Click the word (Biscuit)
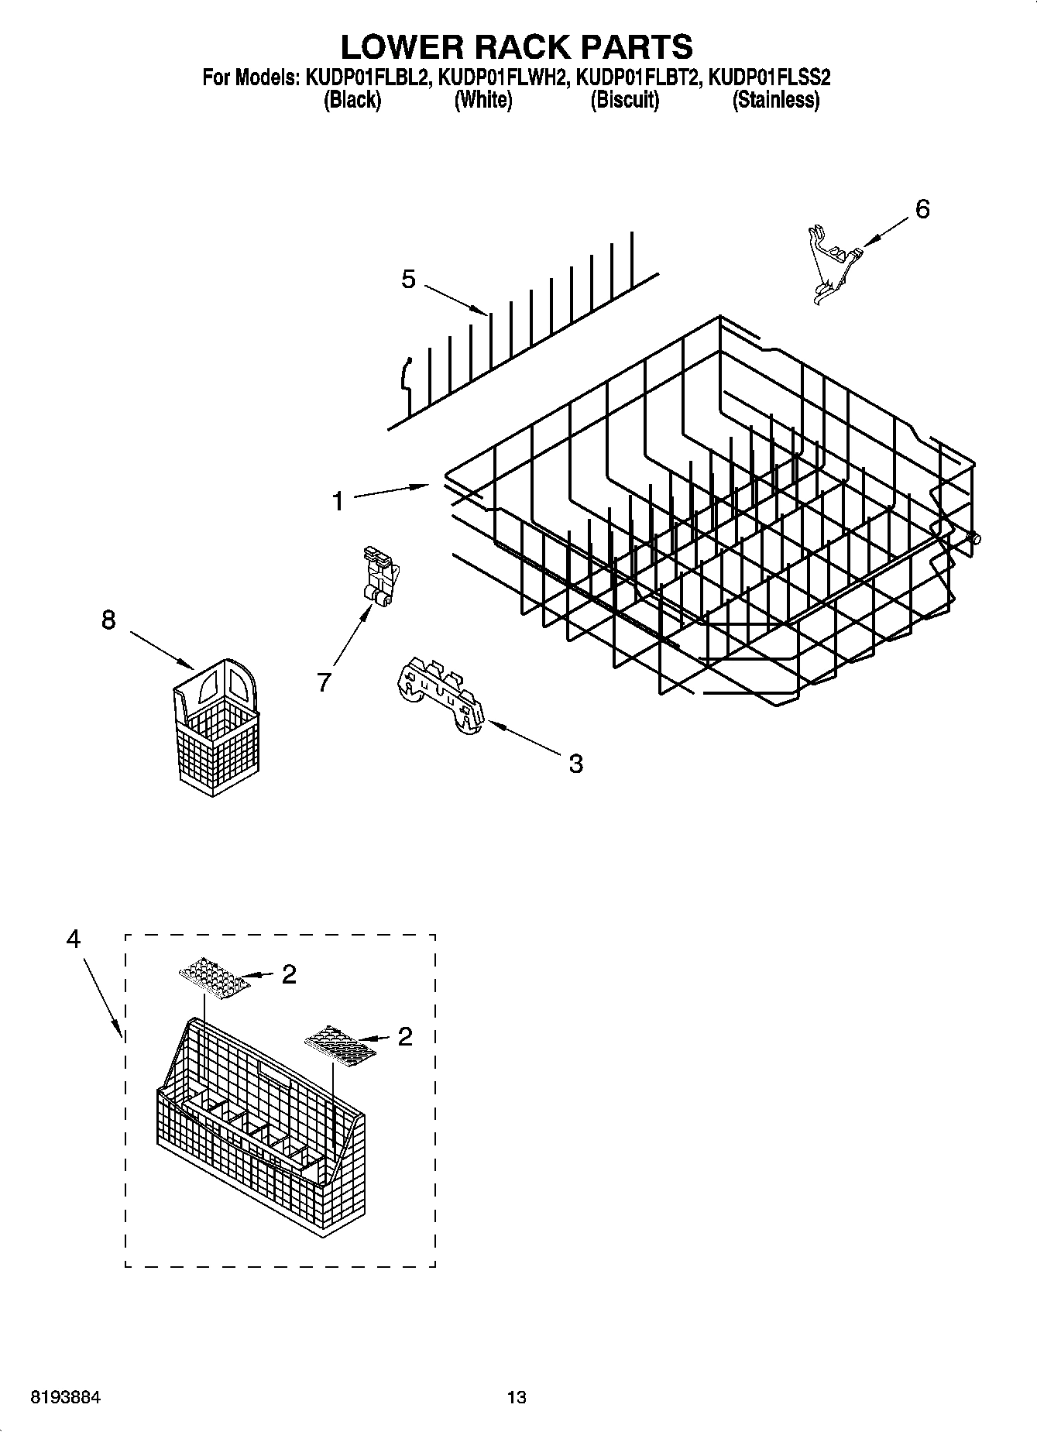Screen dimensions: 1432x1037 (x=624, y=100)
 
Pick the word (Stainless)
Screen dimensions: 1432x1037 (x=775, y=100)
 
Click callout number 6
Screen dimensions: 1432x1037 (x=922, y=209)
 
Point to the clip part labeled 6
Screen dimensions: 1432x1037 (x=832, y=260)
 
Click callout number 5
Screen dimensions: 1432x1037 (x=408, y=279)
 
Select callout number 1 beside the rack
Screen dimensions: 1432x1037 (x=338, y=501)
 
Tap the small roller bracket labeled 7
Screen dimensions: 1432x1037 (x=379, y=577)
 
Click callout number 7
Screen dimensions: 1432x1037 (x=324, y=682)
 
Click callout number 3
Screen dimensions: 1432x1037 (x=575, y=764)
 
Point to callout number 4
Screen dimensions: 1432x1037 (x=73, y=939)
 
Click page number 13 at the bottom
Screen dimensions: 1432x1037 (x=517, y=1397)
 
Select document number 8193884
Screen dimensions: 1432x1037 (x=65, y=1397)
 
